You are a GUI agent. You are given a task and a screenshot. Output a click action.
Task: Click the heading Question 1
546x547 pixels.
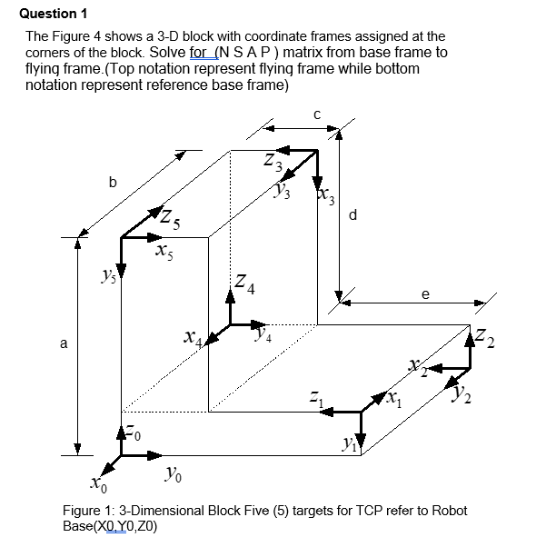pyautogui.click(x=53, y=13)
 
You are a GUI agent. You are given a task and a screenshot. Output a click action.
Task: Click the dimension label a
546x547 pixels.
pyautogui.click(x=63, y=344)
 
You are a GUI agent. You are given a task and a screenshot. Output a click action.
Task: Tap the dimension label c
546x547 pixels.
pyautogui.click(x=316, y=114)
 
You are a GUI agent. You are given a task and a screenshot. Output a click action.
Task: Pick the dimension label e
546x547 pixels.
pyautogui.click(x=425, y=293)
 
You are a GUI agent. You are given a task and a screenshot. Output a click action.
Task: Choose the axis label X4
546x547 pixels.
pyautogui.click(x=194, y=338)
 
